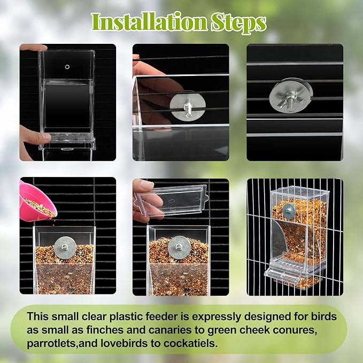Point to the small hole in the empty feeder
coord(67,67)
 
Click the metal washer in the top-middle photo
coord(188,105)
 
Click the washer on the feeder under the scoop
coord(64,247)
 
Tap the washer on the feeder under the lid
coord(179,248)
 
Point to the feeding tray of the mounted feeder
coord(291,269)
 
